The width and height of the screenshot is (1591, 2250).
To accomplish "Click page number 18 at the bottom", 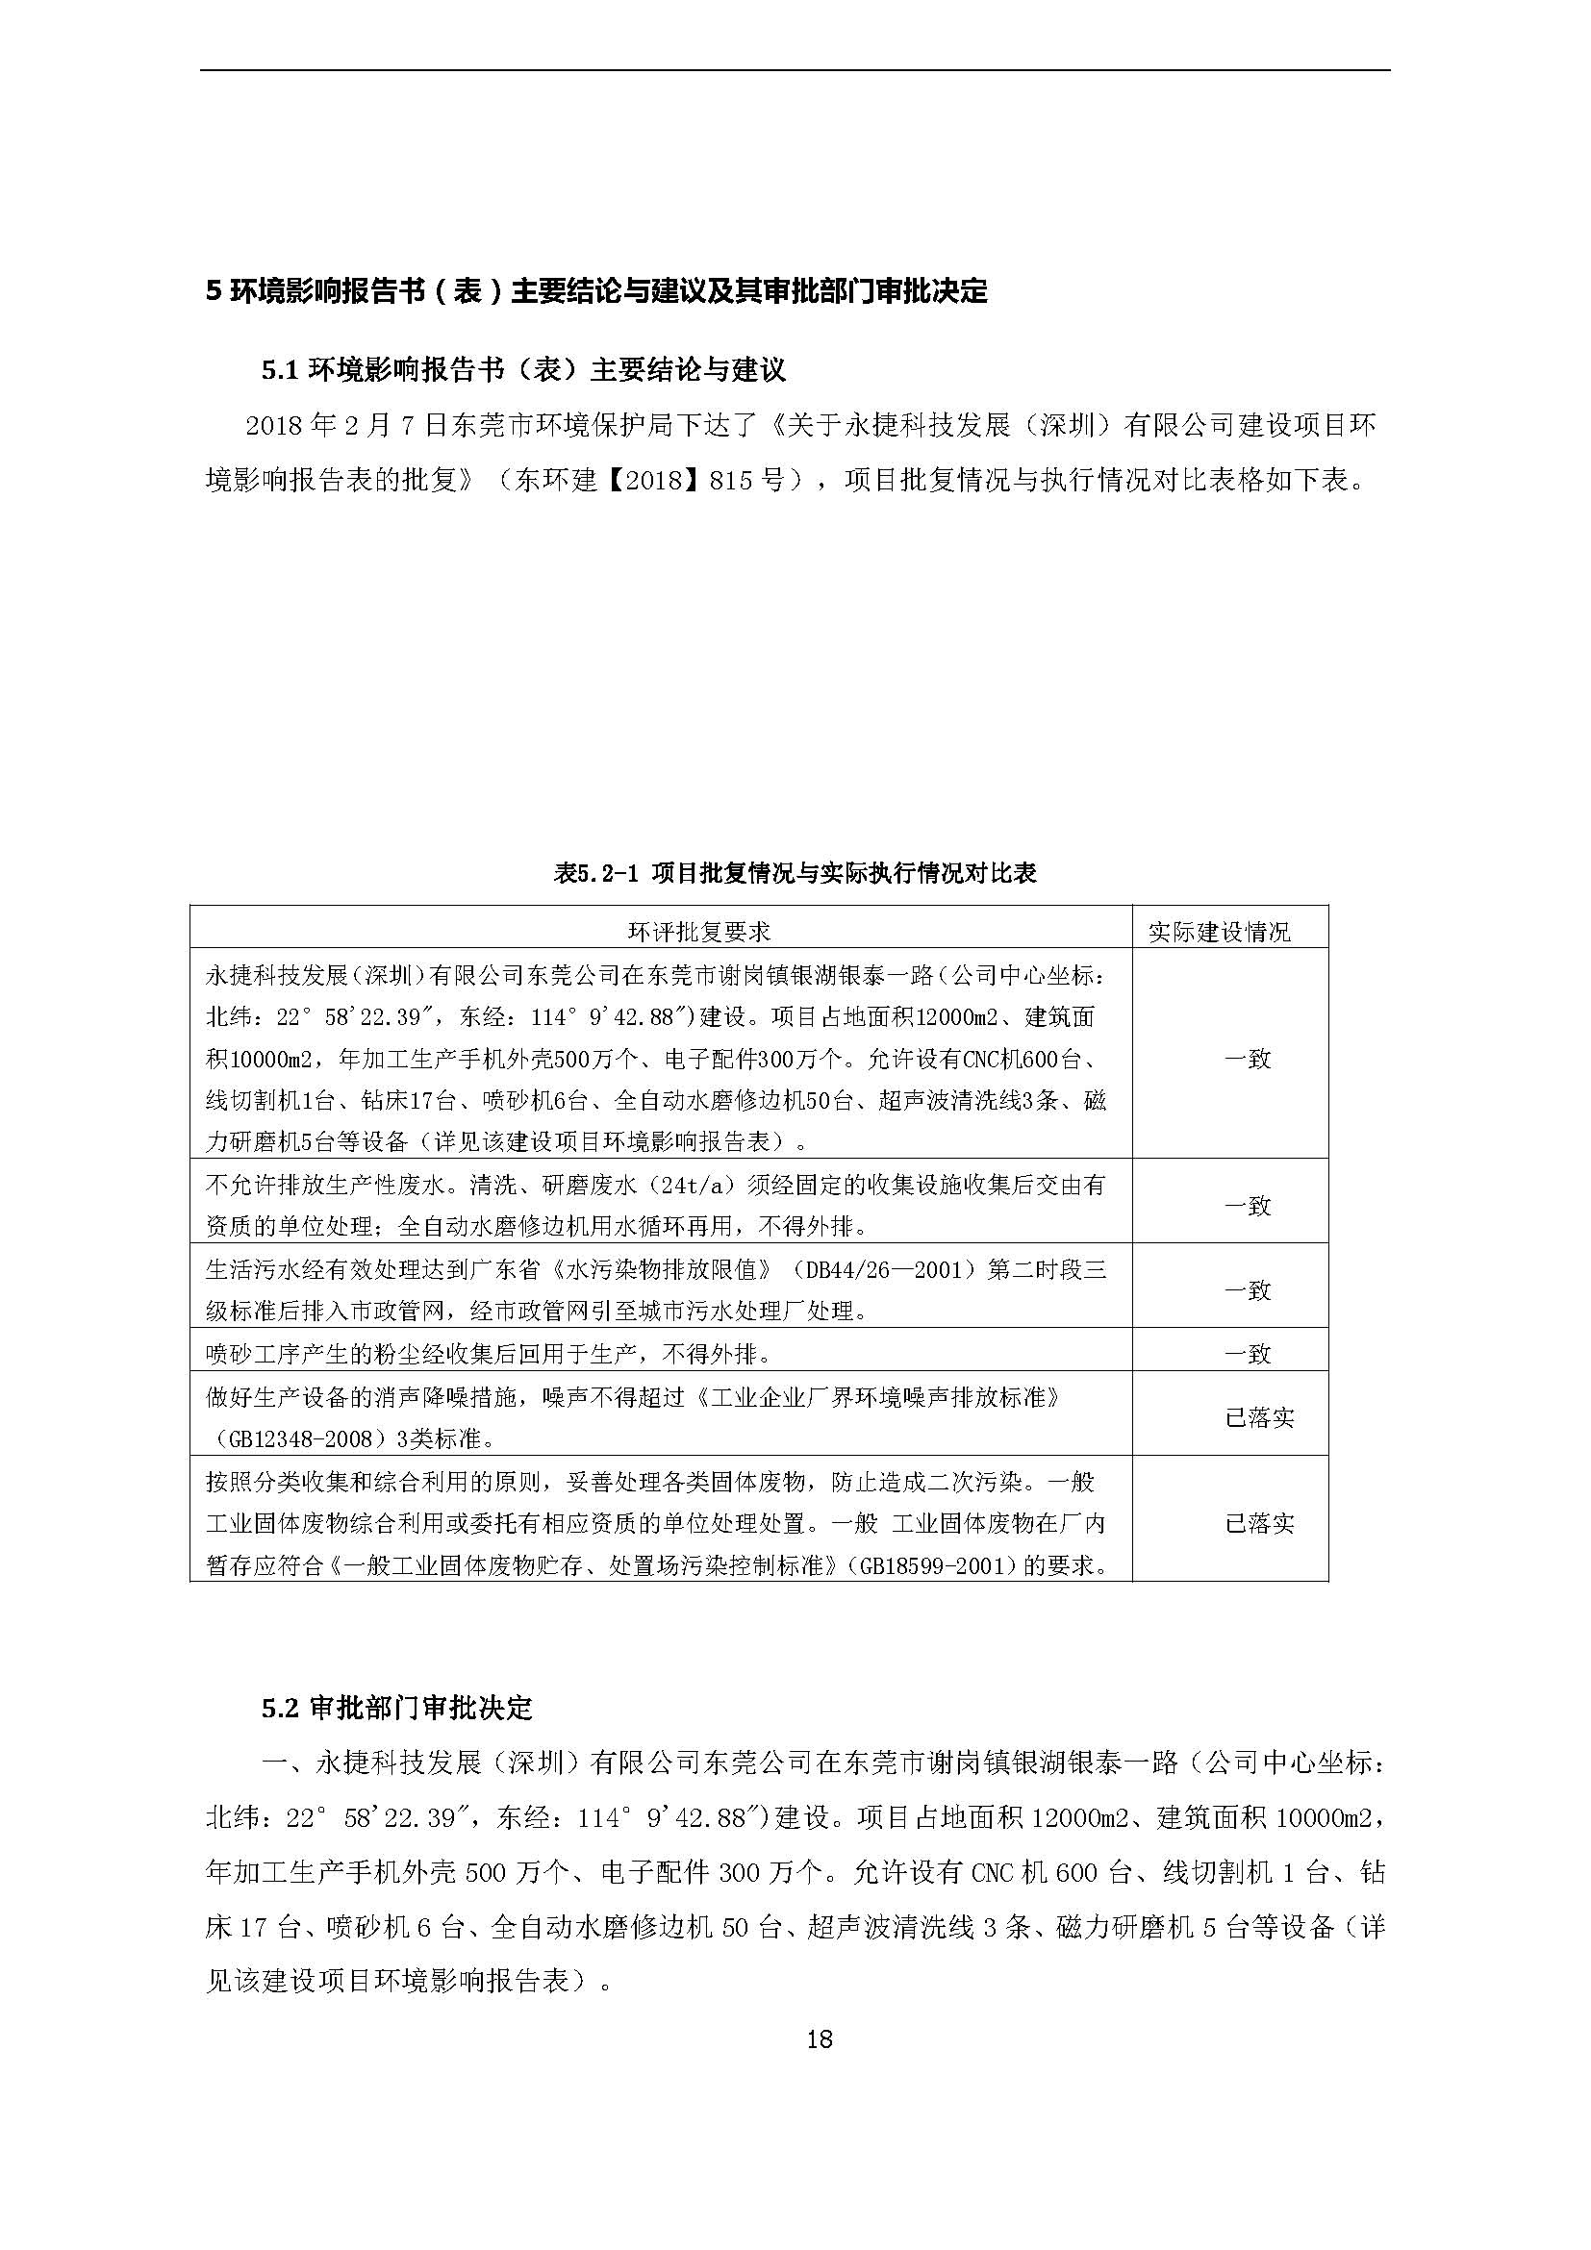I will (819, 2040).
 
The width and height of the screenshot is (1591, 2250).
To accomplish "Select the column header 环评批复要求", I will (699, 931).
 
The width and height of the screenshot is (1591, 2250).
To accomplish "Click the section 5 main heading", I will (597, 291).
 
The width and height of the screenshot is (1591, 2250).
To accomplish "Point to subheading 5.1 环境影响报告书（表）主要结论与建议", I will (523, 369).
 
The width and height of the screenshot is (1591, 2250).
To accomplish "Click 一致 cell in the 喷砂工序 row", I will (1247, 1354).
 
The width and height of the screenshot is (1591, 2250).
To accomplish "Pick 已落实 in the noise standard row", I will (1260, 1417).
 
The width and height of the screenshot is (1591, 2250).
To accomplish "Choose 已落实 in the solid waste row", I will (1260, 1523).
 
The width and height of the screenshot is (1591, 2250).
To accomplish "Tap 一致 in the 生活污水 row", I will (1247, 1289).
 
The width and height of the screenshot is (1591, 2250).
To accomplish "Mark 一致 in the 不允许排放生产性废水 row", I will (1247, 1206).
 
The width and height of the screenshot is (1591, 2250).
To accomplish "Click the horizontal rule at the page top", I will (795, 69).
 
